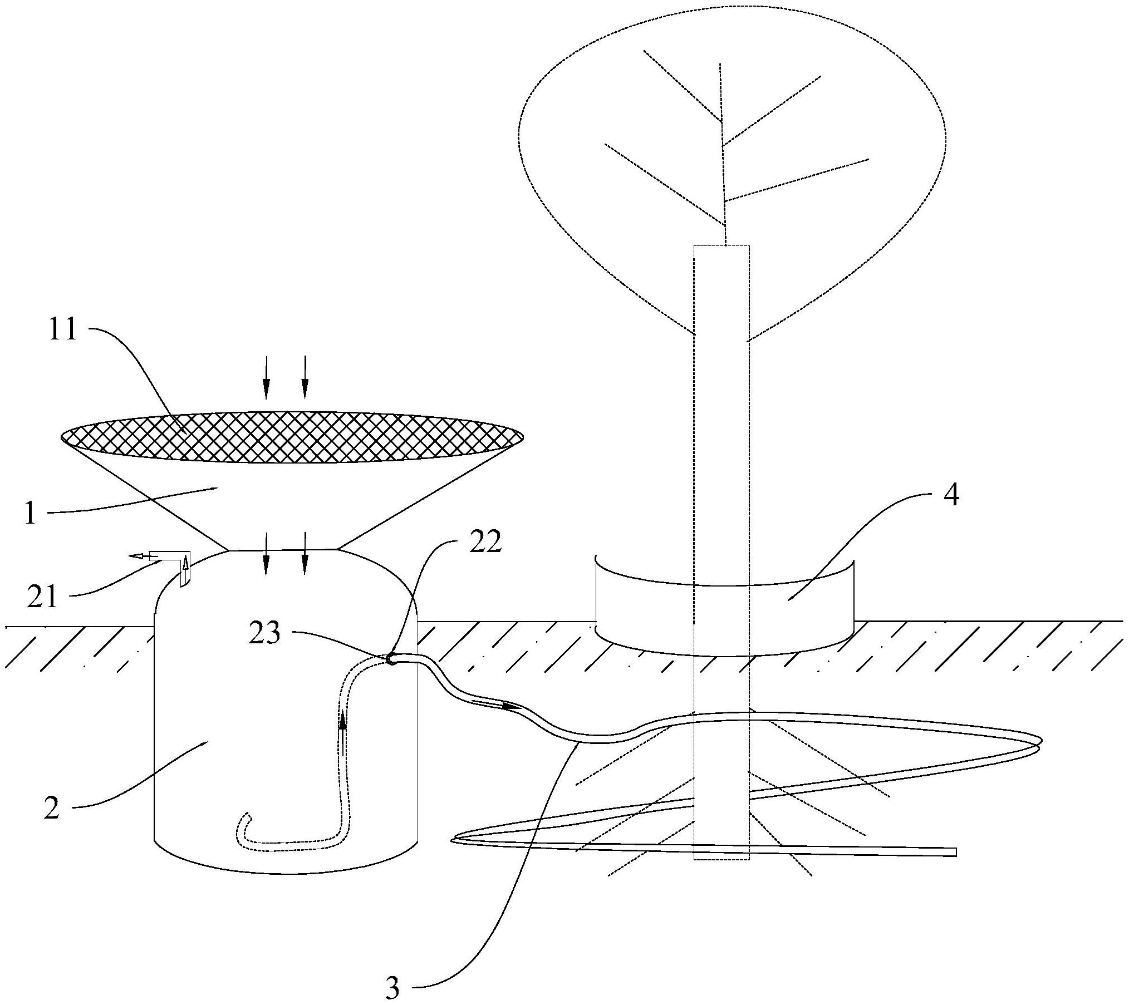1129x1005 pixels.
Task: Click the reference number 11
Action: tap(62, 331)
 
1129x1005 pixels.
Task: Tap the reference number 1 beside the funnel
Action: tap(31, 513)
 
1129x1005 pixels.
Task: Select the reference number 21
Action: tap(43, 598)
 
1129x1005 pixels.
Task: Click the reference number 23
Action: tap(264, 634)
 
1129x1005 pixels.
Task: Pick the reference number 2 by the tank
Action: tap(51, 808)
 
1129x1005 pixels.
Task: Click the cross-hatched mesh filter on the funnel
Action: tap(292, 437)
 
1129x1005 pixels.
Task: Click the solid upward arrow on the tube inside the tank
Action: tap(343, 722)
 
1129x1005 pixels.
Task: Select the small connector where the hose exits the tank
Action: tap(392, 658)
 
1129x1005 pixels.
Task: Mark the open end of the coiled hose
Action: tap(954, 852)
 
